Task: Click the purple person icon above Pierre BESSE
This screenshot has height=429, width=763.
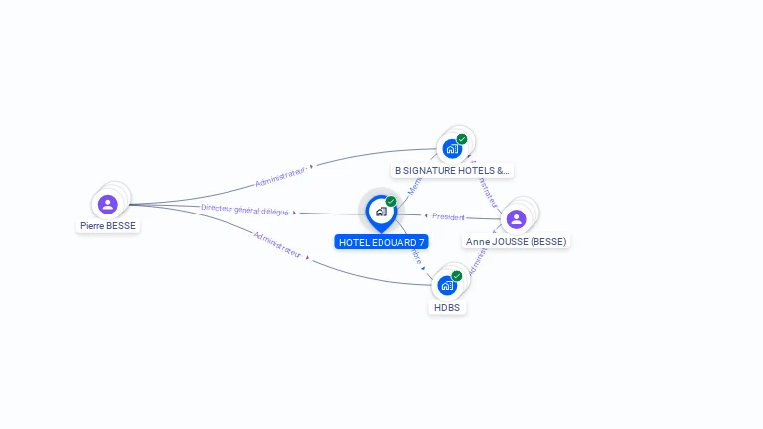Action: click(x=108, y=204)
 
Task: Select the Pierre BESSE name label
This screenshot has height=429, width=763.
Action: click(x=108, y=225)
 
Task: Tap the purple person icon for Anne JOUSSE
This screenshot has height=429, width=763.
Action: click(x=516, y=218)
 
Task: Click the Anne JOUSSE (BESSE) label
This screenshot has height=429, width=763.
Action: click(x=517, y=241)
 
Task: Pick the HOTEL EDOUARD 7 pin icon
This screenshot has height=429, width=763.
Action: click(x=381, y=212)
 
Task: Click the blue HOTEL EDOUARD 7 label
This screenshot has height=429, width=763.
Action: click(x=381, y=242)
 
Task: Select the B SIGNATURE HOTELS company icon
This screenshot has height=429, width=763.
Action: click(x=452, y=149)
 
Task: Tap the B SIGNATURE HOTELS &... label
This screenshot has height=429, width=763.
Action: click(x=452, y=170)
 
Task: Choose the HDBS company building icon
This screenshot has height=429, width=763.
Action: click(x=447, y=286)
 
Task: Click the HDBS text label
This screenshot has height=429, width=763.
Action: click(x=448, y=308)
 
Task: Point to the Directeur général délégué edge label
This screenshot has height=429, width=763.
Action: click(x=244, y=210)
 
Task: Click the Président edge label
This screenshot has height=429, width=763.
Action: click(x=448, y=216)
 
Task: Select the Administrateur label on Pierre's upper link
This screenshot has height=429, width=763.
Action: click(x=279, y=176)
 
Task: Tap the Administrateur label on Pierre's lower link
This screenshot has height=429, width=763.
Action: click(x=277, y=244)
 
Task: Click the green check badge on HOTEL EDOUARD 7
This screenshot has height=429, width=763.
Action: click(x=391, y=201)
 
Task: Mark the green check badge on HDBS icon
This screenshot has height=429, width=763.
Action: click(x=457, y=275)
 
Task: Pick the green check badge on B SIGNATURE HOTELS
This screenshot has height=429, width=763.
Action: click(x=462, y=139)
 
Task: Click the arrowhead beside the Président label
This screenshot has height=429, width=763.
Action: click(x=426, y=215)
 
